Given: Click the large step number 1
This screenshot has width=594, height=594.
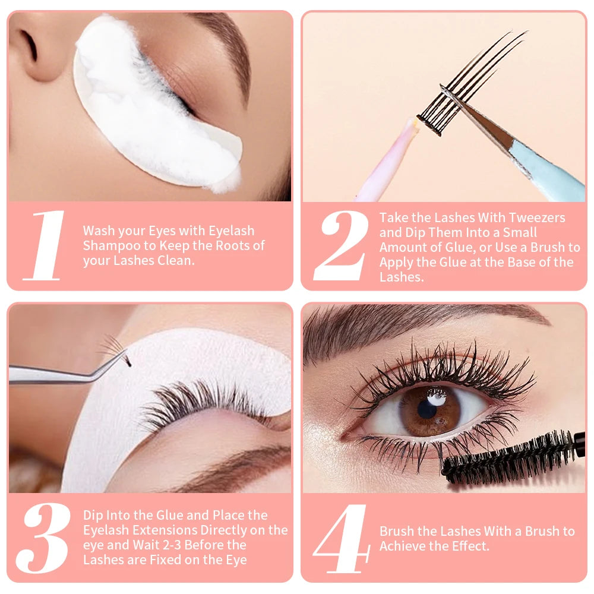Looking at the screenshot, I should click(x=45, y=245).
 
